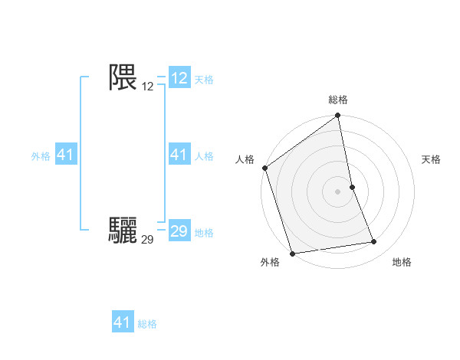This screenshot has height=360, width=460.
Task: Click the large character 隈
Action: tap(123, 77)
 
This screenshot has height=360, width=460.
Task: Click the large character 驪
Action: tap(123, 230)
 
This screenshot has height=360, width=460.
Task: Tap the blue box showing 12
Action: tap(179, 78)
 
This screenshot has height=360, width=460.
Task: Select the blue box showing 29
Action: tap(179, 231)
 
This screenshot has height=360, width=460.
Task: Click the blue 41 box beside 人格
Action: tap(179, 155)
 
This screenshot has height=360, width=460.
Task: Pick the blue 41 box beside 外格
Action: tap(65, 155)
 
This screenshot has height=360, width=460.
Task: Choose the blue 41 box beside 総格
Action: tap(123, 322)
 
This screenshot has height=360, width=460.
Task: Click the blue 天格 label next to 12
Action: tap(204, 80)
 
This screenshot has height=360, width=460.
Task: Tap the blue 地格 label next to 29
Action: tap(204, 233)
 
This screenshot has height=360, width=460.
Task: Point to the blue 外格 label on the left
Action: tap(41, 156)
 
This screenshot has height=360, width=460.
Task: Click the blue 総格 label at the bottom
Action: tap(147, 324)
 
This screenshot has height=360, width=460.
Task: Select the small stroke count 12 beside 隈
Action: tap(148, 87)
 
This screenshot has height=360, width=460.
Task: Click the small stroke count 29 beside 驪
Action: tap(148, 240)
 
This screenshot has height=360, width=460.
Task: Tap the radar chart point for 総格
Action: tap(337, 116)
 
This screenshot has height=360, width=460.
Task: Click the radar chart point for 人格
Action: tap(265, 168)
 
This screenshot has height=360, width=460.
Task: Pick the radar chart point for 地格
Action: tap(374, 242)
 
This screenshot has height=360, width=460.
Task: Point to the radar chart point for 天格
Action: tap(352, 187)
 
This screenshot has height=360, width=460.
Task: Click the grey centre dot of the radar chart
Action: tap(337, 191)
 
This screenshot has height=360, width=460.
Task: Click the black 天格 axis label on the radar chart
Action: tap(431, 159)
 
